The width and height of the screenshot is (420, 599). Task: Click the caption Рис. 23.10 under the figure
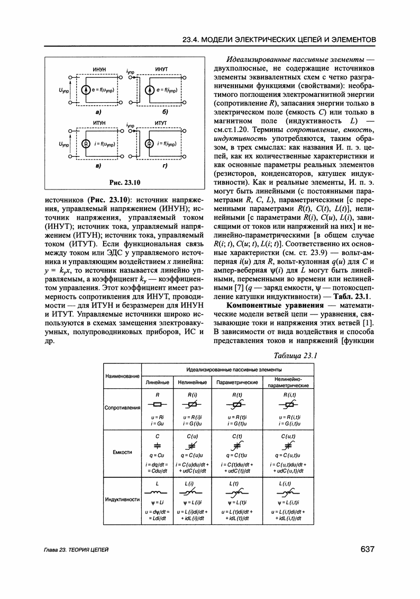click(x=124, y=183)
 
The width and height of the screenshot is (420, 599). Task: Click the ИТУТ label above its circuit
click(x=161, y=123)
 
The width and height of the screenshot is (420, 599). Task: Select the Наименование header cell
click(x=122, y=376)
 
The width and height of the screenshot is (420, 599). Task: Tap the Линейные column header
click(x=158, y=382)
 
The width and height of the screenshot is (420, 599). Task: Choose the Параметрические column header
click(x=237, y=382)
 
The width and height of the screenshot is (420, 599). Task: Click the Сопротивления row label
click(x=122, y=408)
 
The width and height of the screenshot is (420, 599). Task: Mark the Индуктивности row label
click(x=122, y=499)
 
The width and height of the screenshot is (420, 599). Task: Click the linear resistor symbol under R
click(x=158, y=405)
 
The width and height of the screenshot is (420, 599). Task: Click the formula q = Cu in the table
click(x=158, y=455)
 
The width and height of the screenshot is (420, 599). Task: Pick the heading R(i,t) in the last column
click(x=289, y=395)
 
